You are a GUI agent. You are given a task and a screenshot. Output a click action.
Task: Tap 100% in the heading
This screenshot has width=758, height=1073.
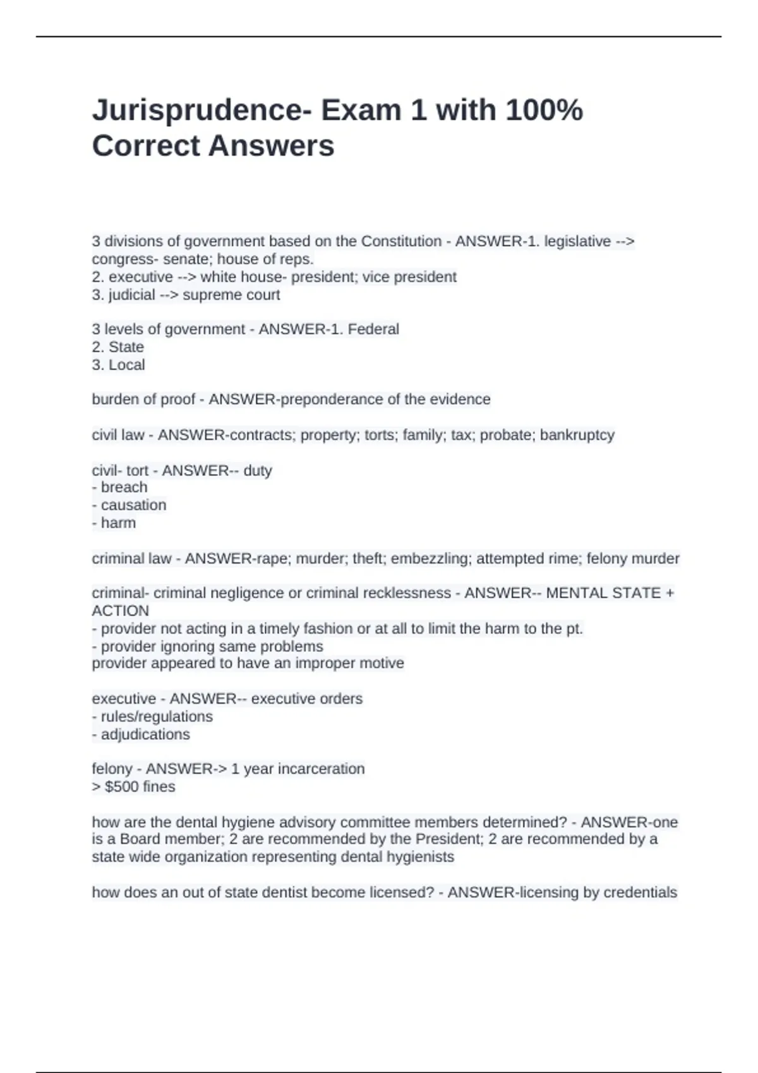click(544, 110)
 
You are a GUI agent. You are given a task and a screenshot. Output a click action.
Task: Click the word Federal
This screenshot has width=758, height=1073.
click(374, 329)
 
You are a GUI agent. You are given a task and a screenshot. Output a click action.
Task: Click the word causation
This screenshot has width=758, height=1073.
click(133, 505)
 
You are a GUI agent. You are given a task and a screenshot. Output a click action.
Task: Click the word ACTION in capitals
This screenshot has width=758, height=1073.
click(120, 611)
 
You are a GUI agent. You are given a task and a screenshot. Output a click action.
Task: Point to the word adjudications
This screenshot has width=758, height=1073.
click(145, 735)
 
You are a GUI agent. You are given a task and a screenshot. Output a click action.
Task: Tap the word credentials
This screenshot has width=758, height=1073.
click(640, 892)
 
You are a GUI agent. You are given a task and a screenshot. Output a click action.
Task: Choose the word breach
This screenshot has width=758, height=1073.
click(124, 487)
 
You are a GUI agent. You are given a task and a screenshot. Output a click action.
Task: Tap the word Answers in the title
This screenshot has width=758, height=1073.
click(271, 146)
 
